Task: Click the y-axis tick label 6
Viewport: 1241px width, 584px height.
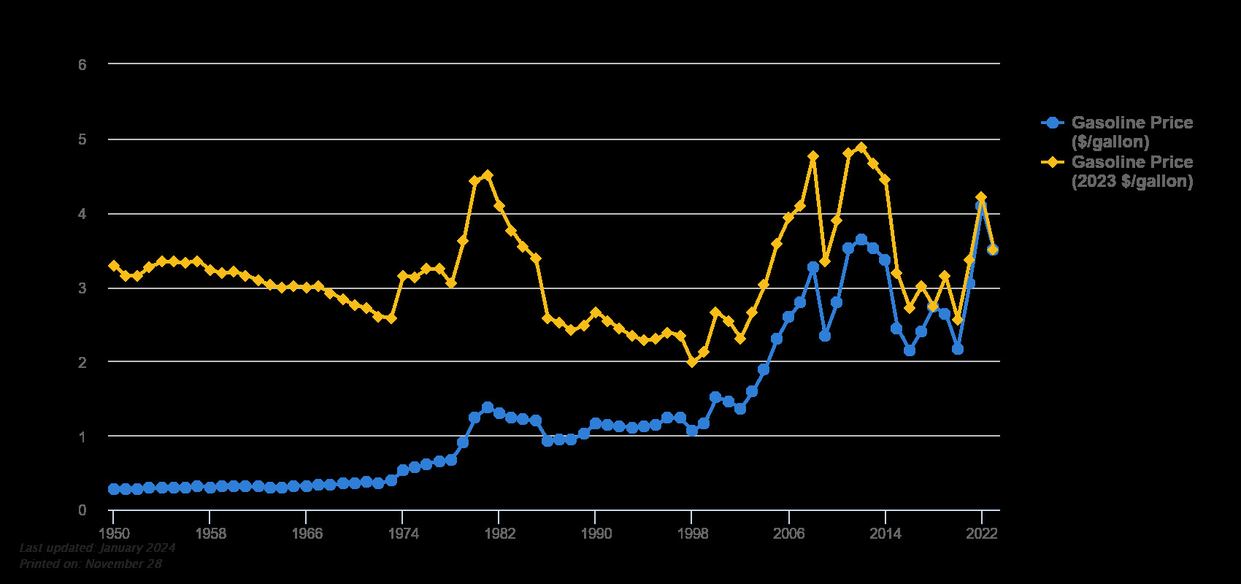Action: pyautogui.click(x=82, y=64)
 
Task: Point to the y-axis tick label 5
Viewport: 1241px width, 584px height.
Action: pyautogui.click(x=82, y=139)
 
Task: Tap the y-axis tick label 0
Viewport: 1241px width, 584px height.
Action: pyautogui.click(x=82, y=510)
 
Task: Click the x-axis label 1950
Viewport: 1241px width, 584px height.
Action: pyautogui.click(x=112, y=534)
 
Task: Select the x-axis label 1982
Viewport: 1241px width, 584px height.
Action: pyautogui.click(x=499, y=534)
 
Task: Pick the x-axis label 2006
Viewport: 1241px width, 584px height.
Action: pyautogui.click(x=789, y=534)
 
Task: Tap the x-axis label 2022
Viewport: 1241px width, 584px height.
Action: pyautogui.click(x=982, y=534)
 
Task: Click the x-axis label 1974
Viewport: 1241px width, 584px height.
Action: pyautogui.click(x=403, y=534)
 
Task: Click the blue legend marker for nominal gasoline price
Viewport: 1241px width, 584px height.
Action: pyautogui.click(x=1052, y=123)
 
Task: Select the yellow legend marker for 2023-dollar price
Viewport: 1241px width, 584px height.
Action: pyautogui.click(x=1052, y=162)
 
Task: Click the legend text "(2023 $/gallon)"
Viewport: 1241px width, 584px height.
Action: pyautogui.click(x=1131, y=181)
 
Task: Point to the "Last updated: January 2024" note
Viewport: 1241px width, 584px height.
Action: pyautogui.click(x=97, y=547)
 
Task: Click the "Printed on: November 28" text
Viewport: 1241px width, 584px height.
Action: pyautogui.click(x=91, y=564)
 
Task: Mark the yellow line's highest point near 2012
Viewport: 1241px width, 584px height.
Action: pyautogui.click(x=861, y=147)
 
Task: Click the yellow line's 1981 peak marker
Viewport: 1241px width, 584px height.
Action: pyautogui.click(x=488, y=175)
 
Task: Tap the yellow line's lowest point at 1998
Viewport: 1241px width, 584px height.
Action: pyautogui.click(x=692, y=362)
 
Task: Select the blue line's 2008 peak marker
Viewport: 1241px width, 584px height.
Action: pyautogui.click(x=813, y=267)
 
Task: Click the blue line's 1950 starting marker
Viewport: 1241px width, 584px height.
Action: pyautogui.click(x=113, y=489)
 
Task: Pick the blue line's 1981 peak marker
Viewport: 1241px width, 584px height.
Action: pyautogui.click(x=488, y=407)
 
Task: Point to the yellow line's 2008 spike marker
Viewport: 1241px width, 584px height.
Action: pyautogui.click(x=813, y=156)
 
